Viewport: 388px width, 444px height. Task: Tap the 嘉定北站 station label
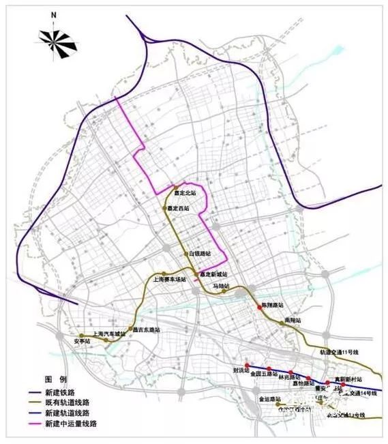pos(185,193)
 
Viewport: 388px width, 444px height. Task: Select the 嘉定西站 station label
pos(179,208)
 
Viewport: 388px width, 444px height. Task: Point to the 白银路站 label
pos(201,254)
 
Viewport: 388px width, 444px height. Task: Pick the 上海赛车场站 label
pos(169,279)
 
